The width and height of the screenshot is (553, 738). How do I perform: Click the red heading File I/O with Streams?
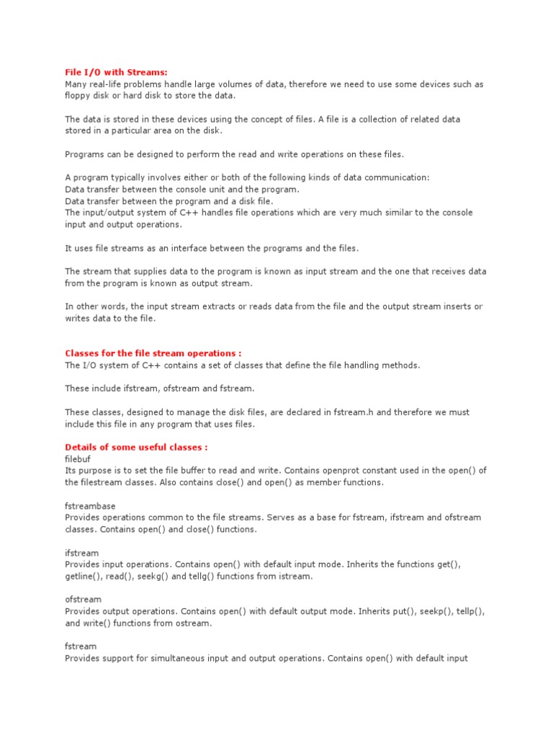[116, 72]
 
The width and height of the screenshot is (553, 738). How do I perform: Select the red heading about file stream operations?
[153, 353]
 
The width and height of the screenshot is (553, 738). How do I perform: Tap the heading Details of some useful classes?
[136, 447]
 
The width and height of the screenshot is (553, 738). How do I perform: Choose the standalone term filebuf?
[78, 458]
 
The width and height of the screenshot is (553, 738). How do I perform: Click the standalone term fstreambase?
[90, 506]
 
